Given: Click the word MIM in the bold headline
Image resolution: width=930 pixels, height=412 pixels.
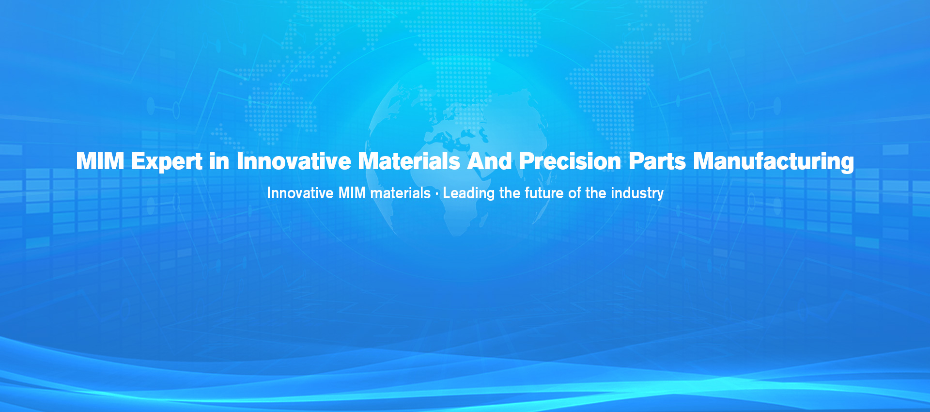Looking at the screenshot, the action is [100, 161].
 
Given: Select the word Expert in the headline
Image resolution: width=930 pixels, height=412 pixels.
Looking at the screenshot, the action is [167, 162].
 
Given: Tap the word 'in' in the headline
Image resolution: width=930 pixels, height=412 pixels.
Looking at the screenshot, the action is [219, 161].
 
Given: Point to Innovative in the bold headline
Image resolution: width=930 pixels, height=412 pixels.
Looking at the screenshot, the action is [294, 161].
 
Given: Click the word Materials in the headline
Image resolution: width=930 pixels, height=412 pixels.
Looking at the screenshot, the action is [409, 161].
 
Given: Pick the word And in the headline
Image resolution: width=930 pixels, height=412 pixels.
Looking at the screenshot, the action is [489, 161].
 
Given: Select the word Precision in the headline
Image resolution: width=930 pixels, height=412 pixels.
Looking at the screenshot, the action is [570, 161].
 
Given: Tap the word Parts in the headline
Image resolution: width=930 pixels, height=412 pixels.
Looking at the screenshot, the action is [657, 161].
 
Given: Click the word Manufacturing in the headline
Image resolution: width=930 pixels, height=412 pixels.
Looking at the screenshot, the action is [774, 162].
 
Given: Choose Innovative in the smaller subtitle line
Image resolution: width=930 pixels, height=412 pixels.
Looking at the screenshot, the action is [300, 193].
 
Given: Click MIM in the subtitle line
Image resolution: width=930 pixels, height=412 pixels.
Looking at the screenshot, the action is [352, 193].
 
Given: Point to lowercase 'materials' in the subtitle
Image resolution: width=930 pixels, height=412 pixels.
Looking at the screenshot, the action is [401, 193].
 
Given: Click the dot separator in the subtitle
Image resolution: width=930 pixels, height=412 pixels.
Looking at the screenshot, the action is [437, 193].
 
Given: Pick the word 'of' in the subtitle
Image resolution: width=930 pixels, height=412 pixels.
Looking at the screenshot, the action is [574, 193].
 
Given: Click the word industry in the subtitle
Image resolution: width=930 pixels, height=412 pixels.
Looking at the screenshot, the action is [637, 194].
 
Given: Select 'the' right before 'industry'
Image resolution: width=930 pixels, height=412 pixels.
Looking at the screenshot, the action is [596, 193].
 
